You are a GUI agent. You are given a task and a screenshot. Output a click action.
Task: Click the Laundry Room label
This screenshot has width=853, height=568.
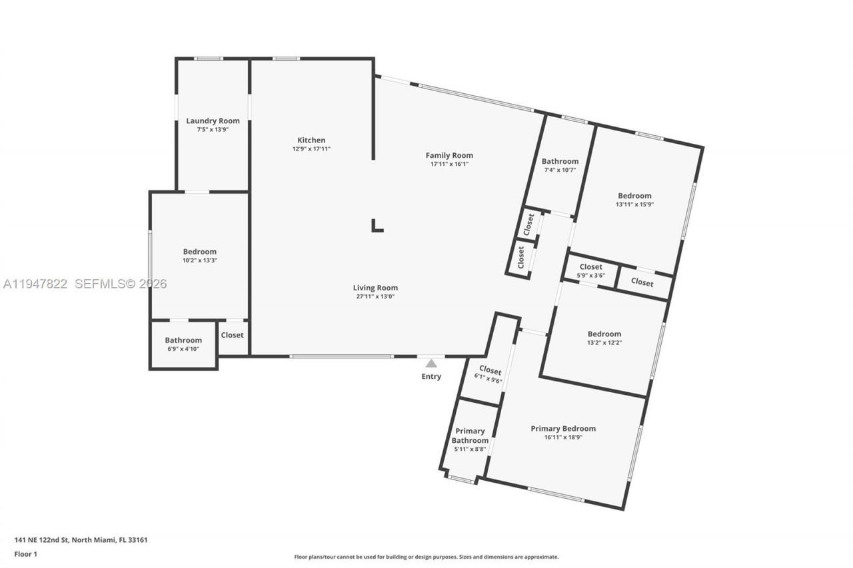click(x=213, y=121)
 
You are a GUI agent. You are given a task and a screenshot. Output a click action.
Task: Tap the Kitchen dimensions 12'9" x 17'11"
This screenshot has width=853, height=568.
click(x=311, y=149)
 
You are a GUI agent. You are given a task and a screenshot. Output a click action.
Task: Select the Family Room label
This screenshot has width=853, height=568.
click(x=449, y=155)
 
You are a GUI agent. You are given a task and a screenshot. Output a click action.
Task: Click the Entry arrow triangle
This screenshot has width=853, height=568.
click(x=431, y=363)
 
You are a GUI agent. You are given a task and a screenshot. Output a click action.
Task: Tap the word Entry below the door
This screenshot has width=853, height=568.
click(x=431, y=376)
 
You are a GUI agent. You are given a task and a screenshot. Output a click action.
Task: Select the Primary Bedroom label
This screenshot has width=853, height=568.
click(x=563, y=428)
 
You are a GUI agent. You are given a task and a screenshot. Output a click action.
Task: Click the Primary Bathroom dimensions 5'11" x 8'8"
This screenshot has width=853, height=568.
click(x=470, y=449)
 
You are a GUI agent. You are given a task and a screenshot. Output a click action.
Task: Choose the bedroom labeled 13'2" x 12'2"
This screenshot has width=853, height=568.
click(x=604, y=338)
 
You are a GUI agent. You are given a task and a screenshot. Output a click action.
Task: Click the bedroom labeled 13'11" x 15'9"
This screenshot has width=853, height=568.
click(x=634, y=200)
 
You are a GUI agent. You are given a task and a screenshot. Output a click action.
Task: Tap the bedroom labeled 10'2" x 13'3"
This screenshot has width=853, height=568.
click(x=200, y=256)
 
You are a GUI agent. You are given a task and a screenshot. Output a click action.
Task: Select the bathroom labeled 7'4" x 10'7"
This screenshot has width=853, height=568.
click(x=560, y=165)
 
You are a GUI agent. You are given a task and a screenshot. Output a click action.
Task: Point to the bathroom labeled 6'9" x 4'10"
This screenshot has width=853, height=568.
click(x=183, y=344)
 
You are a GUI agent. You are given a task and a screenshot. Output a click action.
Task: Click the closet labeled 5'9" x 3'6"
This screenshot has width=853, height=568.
click(x=590, y=270)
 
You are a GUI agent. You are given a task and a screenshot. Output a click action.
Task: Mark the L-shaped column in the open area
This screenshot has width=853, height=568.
click(x=377, y=226)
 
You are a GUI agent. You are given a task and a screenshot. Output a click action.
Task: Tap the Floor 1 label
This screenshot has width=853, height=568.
click(x=25, y=553)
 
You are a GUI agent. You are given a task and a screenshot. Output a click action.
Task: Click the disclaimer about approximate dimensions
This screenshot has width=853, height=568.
click(x=426, y=557)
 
